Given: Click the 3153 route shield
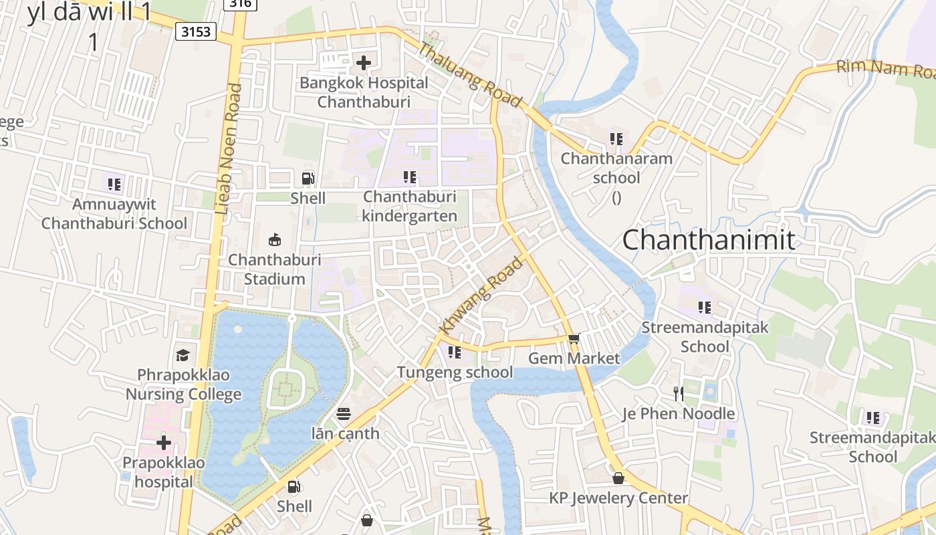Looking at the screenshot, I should pos(196,31).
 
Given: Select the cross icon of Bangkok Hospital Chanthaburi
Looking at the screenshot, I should pos(363,63).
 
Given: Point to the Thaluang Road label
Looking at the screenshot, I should pos(469,75).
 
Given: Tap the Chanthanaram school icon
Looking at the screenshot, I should pos(616,139).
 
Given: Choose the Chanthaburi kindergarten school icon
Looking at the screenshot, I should pos(409,177).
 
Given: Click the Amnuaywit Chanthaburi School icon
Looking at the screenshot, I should pos(114,184).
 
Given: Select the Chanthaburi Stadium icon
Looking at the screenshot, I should pos(273,239).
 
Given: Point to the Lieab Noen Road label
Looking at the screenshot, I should pos(227,149).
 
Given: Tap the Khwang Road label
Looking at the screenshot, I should pos(481,296).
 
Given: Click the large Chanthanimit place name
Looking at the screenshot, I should pos(709,239).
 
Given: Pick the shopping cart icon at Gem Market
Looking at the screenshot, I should pos(573,338).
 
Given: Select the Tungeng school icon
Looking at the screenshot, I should pos(455,352).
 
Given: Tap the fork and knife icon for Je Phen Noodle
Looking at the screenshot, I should pos(678,393).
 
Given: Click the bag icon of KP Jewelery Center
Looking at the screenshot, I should pos(618,478).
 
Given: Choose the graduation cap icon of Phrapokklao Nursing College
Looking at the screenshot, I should pos(183,354).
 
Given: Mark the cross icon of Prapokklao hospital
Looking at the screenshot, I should pos(164,443).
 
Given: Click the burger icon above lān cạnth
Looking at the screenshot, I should pos(344,414).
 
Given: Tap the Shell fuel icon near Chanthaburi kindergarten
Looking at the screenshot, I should pos(308,178).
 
